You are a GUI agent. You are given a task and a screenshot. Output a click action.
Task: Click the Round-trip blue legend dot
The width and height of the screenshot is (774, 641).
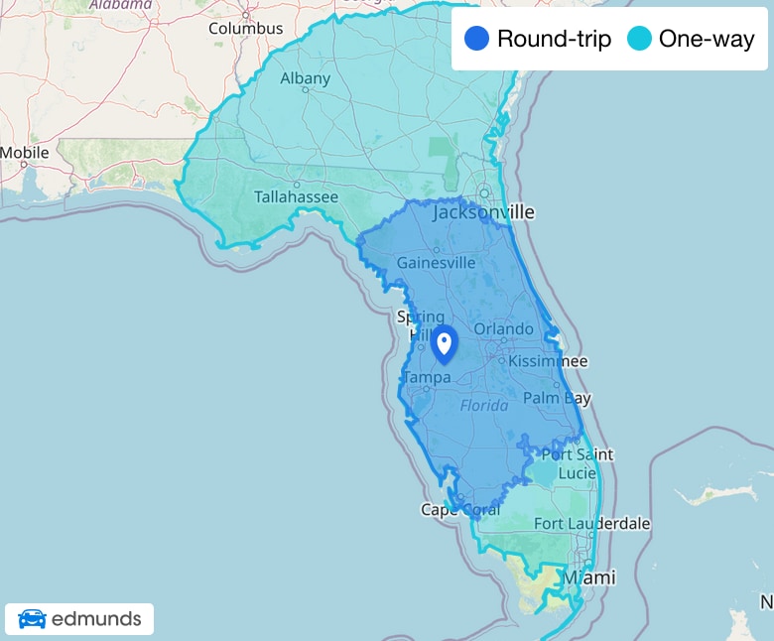click(x=478, y=40)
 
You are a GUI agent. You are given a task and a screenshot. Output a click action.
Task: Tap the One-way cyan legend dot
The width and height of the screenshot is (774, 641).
click(x=640, y=40)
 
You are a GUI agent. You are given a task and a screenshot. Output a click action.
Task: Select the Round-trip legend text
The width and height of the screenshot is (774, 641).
click(x=554, y=40)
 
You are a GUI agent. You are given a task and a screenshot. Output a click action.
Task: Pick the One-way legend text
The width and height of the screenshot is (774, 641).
click(x=707, y=40)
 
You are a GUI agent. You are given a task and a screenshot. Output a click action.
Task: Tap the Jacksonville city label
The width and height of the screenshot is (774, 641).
click(x=483, y=212)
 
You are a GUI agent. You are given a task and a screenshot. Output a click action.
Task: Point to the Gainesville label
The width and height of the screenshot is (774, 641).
click(x=438, y=263)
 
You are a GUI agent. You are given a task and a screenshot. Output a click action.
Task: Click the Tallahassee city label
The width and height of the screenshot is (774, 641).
click(x=296, y=197)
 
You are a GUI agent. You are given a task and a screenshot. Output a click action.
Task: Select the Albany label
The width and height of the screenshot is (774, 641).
click(x=305, y=78)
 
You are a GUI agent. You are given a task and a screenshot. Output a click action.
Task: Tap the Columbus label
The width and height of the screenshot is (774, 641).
click(x=245, y=28)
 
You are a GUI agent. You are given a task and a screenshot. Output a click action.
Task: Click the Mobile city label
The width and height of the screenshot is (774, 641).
click(x=25, y=153)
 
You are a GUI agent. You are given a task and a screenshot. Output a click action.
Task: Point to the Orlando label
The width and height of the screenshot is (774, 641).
click(x=503, y=329)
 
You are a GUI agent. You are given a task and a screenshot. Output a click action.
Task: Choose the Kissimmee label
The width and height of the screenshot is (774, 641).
click(x=548, y=361)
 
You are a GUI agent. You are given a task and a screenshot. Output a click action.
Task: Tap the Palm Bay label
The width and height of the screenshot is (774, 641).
click(x=558, y=398)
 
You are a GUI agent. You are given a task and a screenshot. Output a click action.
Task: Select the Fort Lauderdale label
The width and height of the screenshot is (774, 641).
click(x=591, y=523)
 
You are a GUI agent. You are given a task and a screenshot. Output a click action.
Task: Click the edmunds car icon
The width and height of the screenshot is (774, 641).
click(x=32, y=620)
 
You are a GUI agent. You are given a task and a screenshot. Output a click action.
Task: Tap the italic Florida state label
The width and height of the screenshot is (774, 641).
click(x=484, y=406)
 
